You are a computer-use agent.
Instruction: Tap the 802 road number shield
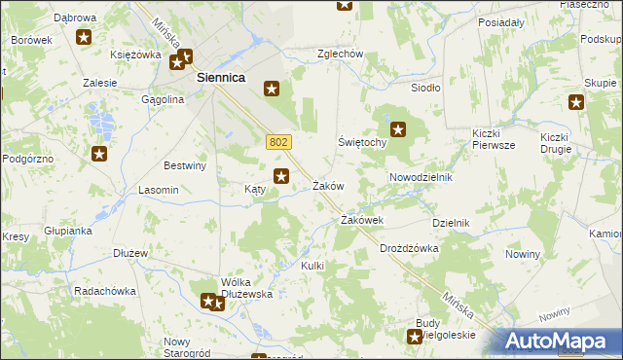pos(277,142)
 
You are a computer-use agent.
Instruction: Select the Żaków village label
pos(328,186)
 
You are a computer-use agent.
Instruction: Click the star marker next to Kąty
pos(281,176)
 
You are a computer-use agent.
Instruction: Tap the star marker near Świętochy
pos(398,127)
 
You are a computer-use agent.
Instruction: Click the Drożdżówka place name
pos(409,248)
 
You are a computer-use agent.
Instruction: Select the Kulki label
pos(312,266)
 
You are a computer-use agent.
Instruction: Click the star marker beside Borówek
pos(84,38)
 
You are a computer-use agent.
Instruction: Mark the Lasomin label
pos(159,190)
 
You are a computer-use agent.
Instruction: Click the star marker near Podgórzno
pos(99,153)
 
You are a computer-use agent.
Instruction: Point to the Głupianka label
pos(67,231)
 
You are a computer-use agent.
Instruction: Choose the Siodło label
pos(426,88)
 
